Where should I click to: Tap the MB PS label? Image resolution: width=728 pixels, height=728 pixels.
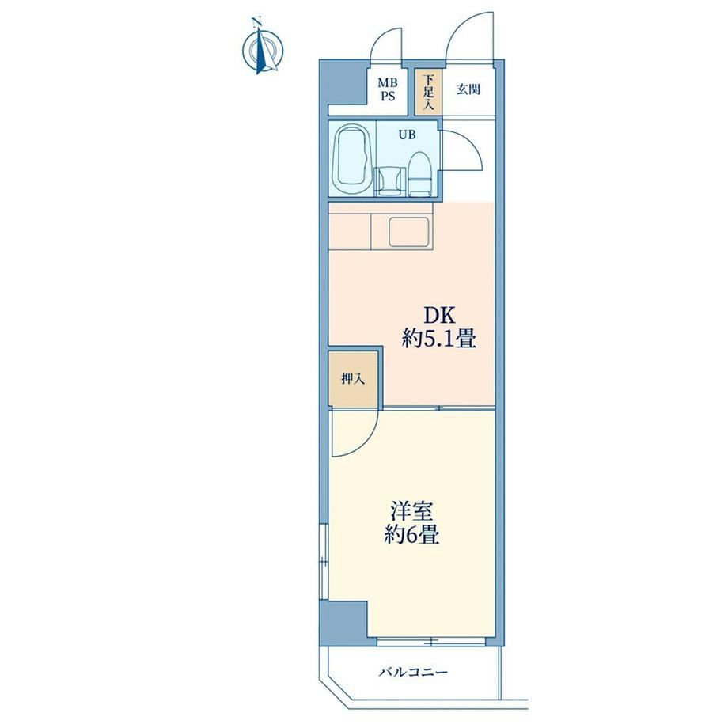tap(388, 89)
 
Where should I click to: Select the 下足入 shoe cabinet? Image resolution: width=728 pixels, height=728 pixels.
tap(428, 92)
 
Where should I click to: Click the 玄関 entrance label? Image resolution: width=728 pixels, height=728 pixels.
tap(468, 89)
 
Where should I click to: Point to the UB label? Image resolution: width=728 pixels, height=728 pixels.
tap(408, 135)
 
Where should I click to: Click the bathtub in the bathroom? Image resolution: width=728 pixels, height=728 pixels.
tap(353, 161)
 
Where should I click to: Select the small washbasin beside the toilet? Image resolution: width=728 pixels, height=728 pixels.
tap(389, 181)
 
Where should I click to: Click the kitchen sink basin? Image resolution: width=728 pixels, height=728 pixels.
tap(408, 232)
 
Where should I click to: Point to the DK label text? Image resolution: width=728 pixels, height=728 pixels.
tap(438, 317)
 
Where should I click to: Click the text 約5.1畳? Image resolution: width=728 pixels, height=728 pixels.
tap(438, 339)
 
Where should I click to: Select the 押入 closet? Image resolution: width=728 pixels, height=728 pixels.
tap(353, 379)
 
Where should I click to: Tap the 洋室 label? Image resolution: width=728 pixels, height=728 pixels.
tap(411, 512)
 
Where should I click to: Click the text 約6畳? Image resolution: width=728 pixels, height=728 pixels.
tap(411, 535)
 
